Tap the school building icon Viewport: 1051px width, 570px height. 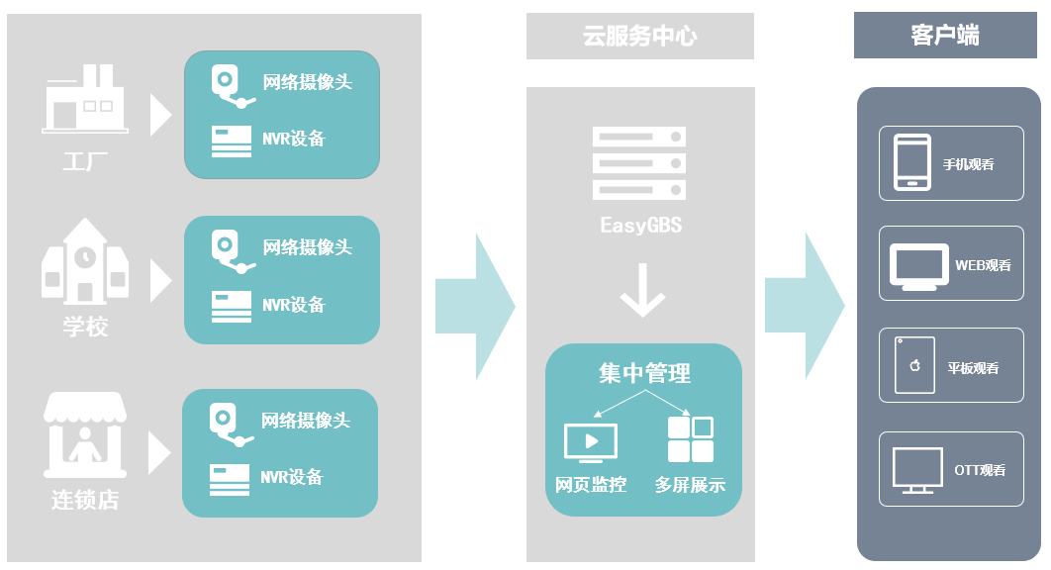84,261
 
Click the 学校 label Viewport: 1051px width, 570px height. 85,327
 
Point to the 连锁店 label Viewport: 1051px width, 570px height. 85,500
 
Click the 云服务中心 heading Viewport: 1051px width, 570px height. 639,37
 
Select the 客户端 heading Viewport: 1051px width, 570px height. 945,36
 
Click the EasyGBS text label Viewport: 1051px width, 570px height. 640,226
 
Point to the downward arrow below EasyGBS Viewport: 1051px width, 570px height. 642,289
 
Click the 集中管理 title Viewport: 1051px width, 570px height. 644,373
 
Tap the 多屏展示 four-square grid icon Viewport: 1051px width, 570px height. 690,439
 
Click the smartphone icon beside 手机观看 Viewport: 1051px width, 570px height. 912,162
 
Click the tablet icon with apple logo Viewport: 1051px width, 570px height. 914,365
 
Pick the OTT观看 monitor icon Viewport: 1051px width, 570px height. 915,469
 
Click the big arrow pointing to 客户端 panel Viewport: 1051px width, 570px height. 804,306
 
